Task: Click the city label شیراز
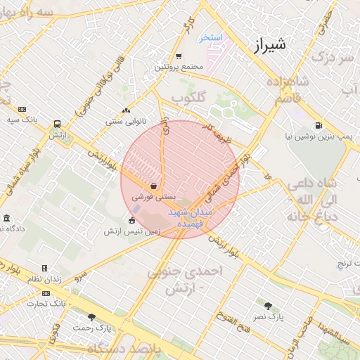tap(269, 47)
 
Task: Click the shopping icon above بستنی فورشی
tap(153, 186)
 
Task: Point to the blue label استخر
tap(210, 37)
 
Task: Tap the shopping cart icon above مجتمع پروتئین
tap(179, 56)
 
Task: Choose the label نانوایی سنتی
tap(127, 121)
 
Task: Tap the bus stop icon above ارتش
tap(56, 124)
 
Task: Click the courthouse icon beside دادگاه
tap(6, 219)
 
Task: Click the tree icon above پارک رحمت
tap(91, 318)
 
